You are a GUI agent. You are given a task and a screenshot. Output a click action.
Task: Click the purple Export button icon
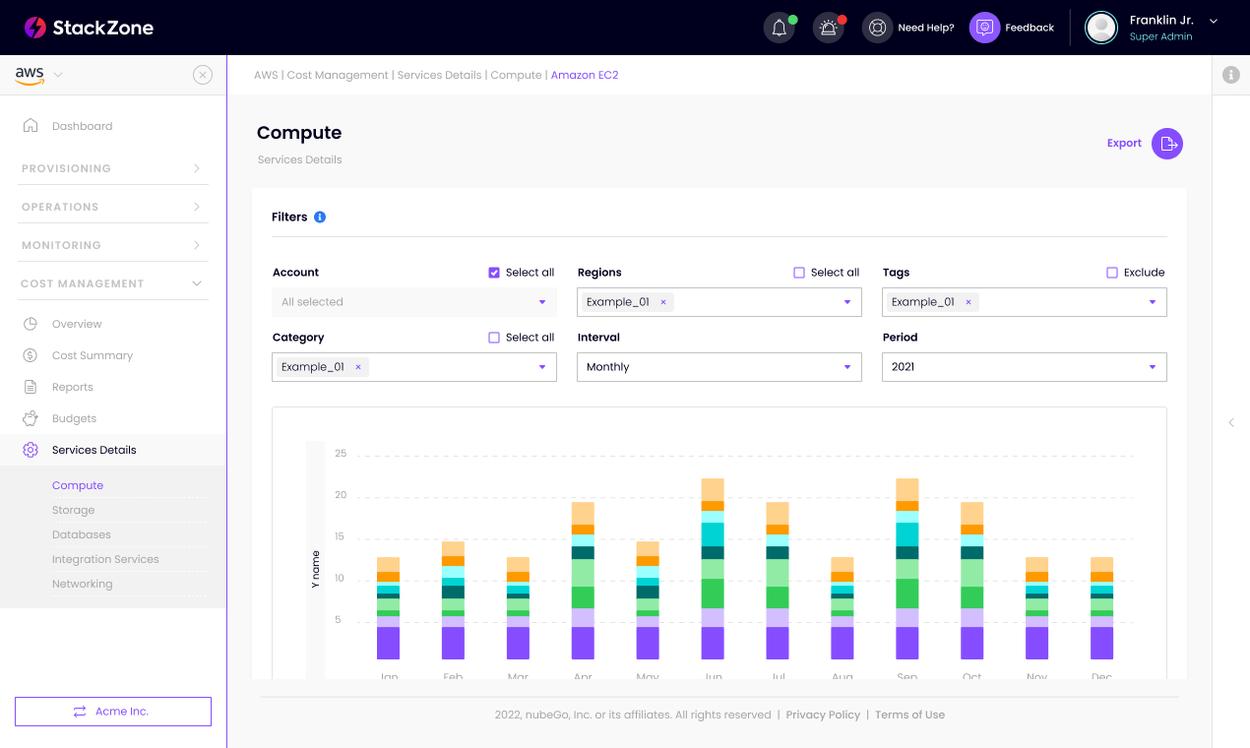tap(1167, 144)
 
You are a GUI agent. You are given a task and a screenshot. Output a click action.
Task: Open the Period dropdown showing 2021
tap(1024, 367)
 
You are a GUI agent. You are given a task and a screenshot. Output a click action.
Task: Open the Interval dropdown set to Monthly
tap(719, 367)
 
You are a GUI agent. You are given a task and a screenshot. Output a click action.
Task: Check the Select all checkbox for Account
tap(494, 273)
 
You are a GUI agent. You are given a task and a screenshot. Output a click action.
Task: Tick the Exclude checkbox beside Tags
tap(1112, 273)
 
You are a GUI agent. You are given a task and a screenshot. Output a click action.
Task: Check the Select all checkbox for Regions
tap(799, 273)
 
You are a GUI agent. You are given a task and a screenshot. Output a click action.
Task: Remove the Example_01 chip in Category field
tap(358, 367)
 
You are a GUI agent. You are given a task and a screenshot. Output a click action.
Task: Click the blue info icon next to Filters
tap(320, 218)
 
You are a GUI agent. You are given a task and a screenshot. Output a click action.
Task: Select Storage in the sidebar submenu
tap(74, 510)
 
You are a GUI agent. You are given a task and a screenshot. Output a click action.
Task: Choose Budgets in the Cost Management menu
tap(74, 418)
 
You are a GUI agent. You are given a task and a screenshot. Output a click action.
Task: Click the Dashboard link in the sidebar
tap(82, 126)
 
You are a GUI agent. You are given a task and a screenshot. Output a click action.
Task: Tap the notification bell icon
tap(779, 28)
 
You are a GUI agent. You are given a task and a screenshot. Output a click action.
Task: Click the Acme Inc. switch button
tap(113, 712)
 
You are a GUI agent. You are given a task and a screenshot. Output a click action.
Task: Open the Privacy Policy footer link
tap(823, 715)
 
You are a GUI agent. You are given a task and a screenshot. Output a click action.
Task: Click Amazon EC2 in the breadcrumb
tap(585, 75)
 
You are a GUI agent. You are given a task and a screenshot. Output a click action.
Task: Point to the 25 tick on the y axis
tap(341, 454)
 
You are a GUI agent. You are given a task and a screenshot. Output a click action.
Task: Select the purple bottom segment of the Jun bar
tap(713, 643)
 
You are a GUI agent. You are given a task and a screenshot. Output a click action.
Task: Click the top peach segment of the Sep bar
tap(907, 489)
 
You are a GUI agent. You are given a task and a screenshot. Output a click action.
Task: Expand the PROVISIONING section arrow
tap(197, 168)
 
